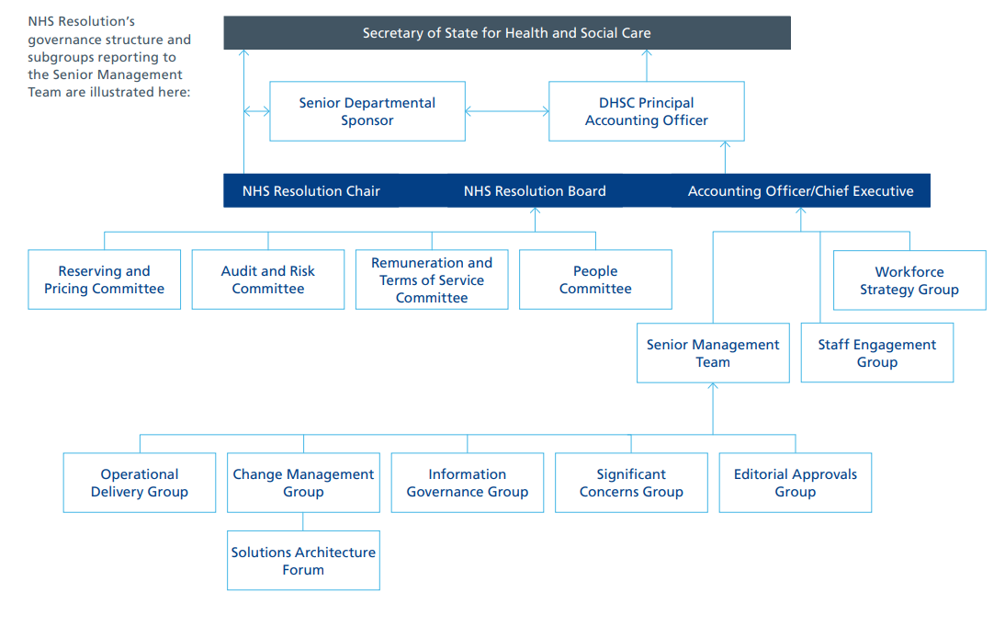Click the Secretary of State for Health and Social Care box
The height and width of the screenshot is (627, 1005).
point(507,33)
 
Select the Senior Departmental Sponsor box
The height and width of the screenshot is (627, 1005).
point(367,111)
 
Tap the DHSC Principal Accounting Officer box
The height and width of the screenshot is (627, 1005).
point(647,111)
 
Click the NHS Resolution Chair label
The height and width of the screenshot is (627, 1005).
point(311,191)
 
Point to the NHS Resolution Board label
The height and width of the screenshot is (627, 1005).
point(535,191)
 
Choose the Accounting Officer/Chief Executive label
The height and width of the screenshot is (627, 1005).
point(800,191)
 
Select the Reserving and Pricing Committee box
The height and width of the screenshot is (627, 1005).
point(104,279)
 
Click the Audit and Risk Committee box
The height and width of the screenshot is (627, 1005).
point(268,279)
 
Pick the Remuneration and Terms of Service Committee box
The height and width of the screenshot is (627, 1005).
point(432,279)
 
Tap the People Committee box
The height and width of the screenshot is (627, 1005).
point(595,279)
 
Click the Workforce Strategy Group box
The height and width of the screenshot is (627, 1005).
point(909,280)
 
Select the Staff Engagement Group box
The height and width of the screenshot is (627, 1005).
point(877,353)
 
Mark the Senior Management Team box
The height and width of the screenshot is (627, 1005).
point(713,353)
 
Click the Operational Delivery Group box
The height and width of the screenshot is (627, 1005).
point(140,483)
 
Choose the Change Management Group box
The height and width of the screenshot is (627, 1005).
point(303,483)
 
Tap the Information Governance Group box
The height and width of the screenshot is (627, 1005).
point(468,483)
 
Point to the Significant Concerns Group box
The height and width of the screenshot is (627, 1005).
point(631,483)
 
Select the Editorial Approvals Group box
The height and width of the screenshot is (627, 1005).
point(796,483)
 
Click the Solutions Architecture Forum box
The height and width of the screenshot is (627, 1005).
point(303,561)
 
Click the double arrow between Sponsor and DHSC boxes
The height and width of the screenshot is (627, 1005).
point(507,112)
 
